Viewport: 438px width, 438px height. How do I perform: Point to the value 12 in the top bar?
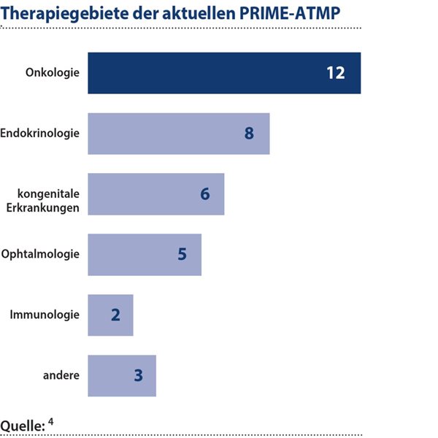click(335, 74)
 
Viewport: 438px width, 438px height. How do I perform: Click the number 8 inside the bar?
click(249, 134)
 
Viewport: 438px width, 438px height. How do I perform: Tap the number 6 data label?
click(204, 195)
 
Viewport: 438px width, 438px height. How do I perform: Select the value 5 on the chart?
click(182, 255)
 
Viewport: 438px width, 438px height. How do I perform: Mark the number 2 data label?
click(115, 315)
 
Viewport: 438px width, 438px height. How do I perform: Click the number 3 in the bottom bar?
click(138, 376)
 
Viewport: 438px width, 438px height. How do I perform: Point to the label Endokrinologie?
click(40, 134)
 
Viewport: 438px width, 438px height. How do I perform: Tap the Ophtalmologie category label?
click(40, 254)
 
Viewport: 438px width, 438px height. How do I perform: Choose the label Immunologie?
click(45, 315)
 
